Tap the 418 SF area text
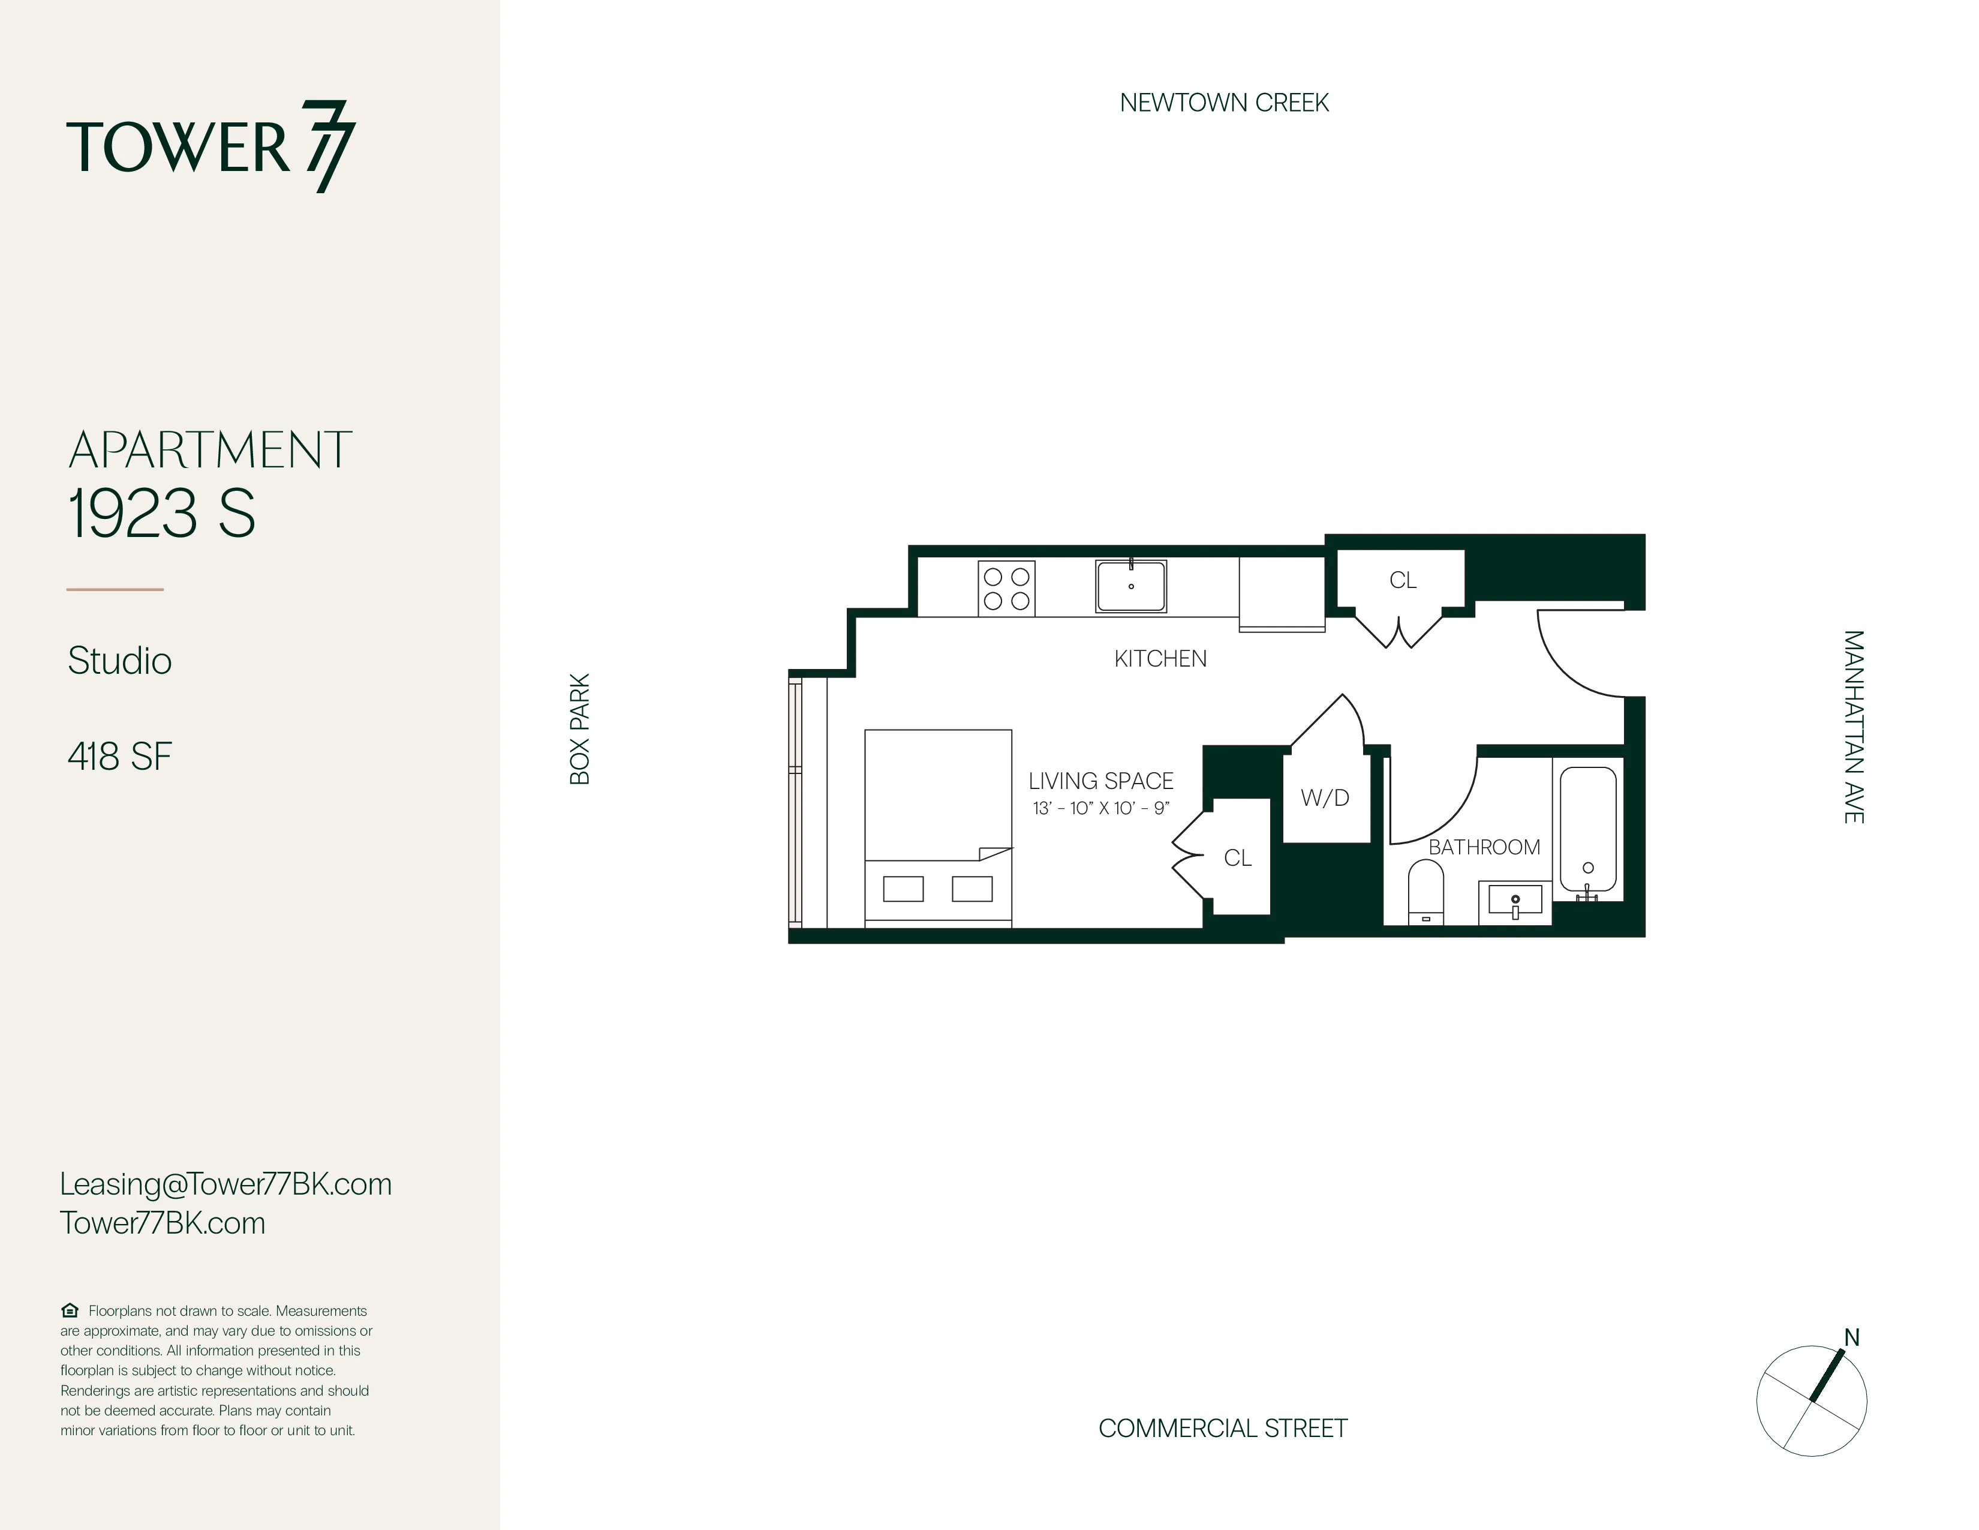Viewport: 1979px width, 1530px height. (119, 757)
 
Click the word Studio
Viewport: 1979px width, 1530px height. (119, 661)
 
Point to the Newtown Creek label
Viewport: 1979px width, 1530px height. (1223, 103)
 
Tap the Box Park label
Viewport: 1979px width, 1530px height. (580, 729)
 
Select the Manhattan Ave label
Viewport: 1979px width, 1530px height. (1853, 727)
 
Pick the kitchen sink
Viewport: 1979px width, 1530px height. (1131, 586)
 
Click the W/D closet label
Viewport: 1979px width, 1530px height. (1325, 797)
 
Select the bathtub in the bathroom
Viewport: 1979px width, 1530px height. (1587, 829)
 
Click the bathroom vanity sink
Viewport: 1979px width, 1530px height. (1514, 902)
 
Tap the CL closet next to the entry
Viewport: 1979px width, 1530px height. (1402, 580)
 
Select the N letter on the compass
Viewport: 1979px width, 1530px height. (1851, 1338)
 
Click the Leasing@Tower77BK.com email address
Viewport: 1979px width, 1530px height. (225, 1184)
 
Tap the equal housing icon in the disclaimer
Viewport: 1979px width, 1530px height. (70, 1310)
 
